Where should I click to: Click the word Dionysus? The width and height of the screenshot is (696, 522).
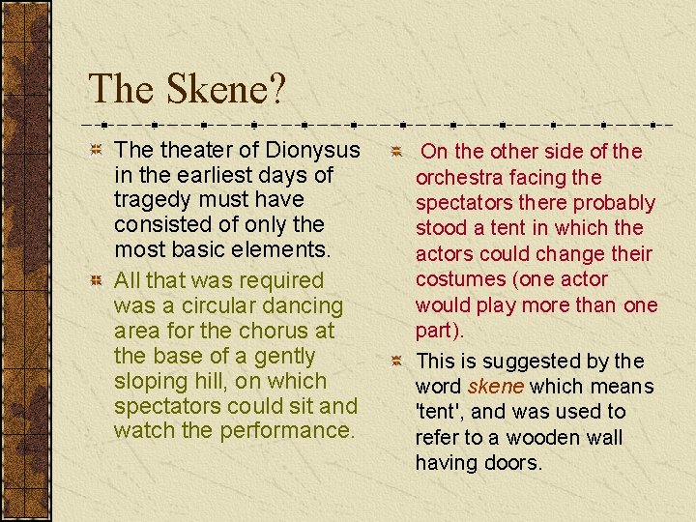pos(307,150)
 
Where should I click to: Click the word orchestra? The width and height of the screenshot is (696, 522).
pos(459,178)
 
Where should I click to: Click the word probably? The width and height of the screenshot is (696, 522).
pos(615,203)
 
